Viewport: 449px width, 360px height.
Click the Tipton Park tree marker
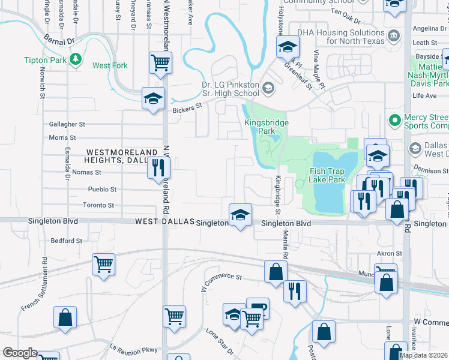click(x=76, y=58)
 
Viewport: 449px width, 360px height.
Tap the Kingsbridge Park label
click(x=267, y=127)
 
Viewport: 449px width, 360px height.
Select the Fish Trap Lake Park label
click(x=328, y=175)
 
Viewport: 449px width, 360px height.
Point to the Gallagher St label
click(x=67, y=124)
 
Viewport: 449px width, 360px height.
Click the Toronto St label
click(x=98, y=205)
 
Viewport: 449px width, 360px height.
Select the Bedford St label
click(x=67, y=241)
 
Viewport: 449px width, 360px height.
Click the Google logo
click(x=20, y=353)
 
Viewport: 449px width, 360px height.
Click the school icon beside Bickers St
click(x=153, y=98)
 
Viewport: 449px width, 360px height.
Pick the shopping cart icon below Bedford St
click(x=104, y=264)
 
